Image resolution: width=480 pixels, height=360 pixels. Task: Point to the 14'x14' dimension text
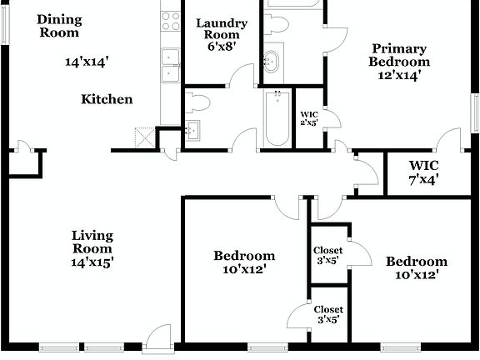[x=87, y=61]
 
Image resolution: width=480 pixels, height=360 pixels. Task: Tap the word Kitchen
[x=107, y=100]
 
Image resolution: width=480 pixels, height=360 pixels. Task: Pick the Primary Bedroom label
[x=401, y=55]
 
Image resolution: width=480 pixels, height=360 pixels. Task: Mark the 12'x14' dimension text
[x=401, y=75]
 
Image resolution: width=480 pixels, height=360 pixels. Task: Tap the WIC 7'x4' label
[x=424, y=171]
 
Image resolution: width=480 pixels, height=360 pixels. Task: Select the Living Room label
[x=92, y=242]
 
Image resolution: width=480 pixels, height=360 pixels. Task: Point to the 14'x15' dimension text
[x=92, y=262]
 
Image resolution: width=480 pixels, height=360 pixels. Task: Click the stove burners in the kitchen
[x=171, y=21]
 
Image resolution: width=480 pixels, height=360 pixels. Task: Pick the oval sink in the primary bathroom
[x=272, y=61]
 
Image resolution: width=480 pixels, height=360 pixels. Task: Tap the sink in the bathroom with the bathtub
[x=192, y=128]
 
